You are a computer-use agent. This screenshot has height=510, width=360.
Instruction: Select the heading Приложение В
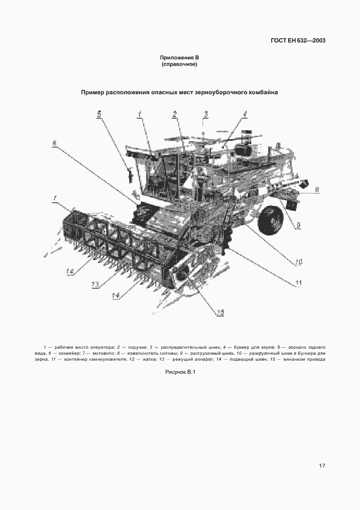click(x=179, y=57)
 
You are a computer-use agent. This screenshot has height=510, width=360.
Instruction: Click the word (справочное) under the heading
click(x=179, y=64)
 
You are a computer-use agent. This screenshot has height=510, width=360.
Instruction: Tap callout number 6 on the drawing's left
click(x=54, y=143)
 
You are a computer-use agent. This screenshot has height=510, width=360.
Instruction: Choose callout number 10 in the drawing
click(x=298, y=262)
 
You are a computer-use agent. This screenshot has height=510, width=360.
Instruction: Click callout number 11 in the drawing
click(x=298, y=282)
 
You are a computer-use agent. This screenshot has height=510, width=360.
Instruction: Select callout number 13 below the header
click(x=95, y=284)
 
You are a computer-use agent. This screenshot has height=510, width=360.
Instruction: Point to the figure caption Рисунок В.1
click(x=180, y=372)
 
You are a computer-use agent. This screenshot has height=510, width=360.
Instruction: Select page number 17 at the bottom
click(x=322, y=465)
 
